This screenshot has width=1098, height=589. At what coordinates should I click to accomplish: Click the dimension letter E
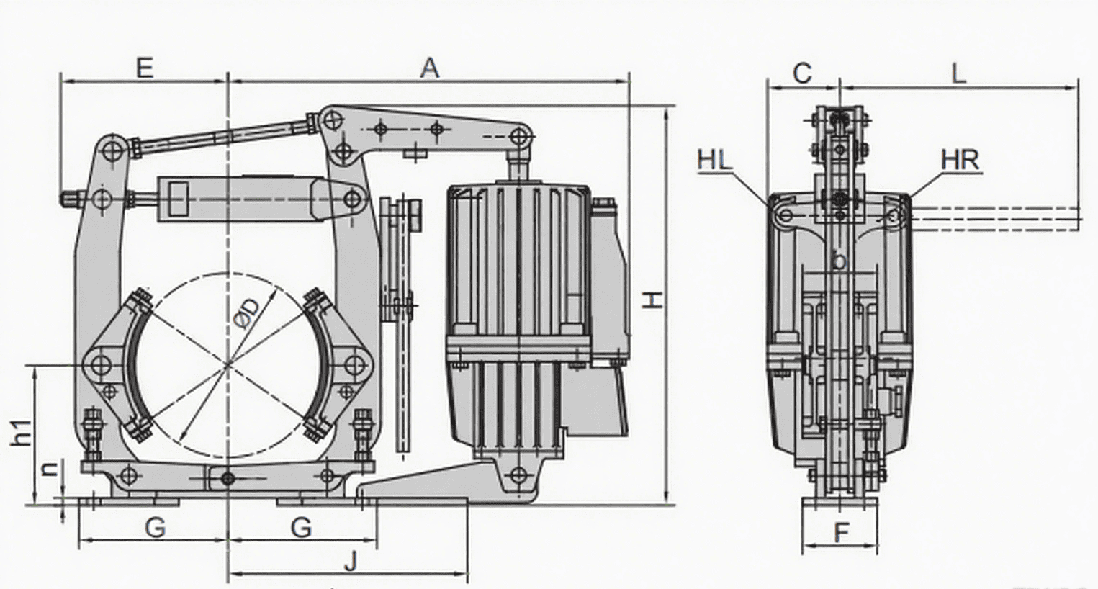tap(144, 68)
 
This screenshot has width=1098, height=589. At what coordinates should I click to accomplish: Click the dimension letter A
tap(429, 68)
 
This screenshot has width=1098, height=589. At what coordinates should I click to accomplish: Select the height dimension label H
tap(652, 299)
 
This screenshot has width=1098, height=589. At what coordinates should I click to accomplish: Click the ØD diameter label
tap(247, 315)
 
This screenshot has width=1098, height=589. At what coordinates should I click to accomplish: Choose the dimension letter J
tap(350, 561)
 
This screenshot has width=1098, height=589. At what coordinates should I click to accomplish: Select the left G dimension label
tap(156, 528)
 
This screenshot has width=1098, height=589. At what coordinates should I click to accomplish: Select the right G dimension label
tap(301, 528)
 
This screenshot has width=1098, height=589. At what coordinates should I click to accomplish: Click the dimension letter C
tap(801, 73)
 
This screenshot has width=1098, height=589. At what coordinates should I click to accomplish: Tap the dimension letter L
tap(958, 73)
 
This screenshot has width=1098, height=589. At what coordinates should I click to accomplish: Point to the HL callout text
tap(714, 160)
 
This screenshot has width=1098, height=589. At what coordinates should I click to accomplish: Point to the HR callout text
tap(960, 160)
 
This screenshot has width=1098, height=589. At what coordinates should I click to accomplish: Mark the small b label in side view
tap(838, 261)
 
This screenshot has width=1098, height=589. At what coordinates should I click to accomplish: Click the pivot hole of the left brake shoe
tap(101, 365)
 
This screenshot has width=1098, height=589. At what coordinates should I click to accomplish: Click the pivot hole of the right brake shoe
tap(352, 365)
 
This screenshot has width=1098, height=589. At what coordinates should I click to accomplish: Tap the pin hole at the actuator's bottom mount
tap(518, 475)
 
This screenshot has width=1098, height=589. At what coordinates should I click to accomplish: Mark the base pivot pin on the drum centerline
tap(228, 477)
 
